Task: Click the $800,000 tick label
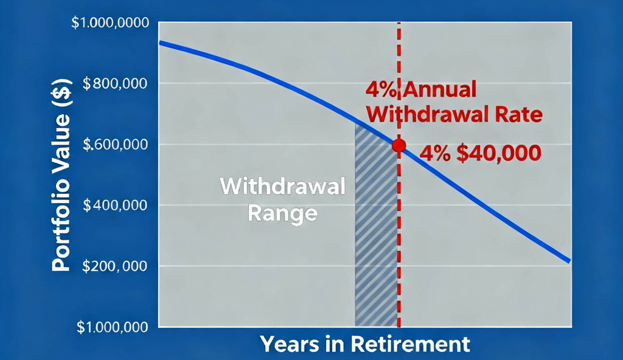point(114,83)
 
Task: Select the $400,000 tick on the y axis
point(114,206)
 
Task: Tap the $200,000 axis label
point(114,266)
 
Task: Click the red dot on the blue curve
point(399,145)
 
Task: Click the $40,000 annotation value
point(498,153)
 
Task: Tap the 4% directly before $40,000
point(434,153)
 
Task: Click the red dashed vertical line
point(399,255)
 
